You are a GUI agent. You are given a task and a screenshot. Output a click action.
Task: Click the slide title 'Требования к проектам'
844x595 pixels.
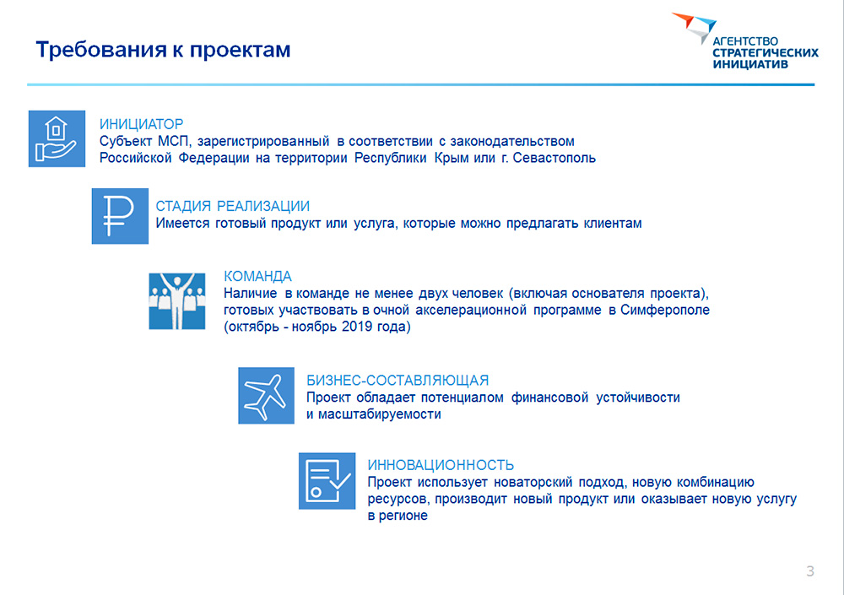click(163, 50)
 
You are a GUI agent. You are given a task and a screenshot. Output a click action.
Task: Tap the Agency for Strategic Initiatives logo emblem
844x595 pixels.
click(695, 27)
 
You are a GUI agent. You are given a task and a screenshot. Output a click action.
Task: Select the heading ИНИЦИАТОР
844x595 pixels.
click(141, 124)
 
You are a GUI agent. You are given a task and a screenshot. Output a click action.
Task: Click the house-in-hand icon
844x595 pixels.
click(57, 139)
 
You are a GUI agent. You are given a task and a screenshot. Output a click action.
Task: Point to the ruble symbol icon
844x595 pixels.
click(120, 216)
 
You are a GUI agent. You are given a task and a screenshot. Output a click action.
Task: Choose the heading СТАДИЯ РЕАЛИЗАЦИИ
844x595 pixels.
click(233, 206)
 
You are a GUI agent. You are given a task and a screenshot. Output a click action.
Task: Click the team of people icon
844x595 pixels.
click(177, 301)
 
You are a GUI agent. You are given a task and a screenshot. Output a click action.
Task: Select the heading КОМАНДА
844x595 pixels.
click(257, 276)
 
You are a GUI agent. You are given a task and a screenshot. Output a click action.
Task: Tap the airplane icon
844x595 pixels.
click(267, 396)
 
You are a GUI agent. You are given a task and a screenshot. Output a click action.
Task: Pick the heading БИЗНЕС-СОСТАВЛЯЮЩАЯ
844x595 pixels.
click(398, 380)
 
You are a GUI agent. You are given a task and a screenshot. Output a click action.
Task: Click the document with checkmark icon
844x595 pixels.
click(327, 481)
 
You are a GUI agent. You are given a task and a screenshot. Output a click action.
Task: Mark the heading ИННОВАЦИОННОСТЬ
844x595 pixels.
click(441, 465)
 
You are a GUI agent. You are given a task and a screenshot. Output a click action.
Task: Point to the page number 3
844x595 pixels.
click(810, 571)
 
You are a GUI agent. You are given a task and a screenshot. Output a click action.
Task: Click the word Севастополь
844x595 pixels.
click(554, 159)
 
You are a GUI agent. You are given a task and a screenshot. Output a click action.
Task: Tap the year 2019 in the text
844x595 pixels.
click(356, 327)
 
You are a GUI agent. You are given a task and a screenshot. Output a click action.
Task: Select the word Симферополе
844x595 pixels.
click(665, 310)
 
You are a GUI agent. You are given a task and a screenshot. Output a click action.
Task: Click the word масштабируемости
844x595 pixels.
click(380, 414)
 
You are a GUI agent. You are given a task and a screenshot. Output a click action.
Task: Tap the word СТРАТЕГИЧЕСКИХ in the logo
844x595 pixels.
click(765, 53)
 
